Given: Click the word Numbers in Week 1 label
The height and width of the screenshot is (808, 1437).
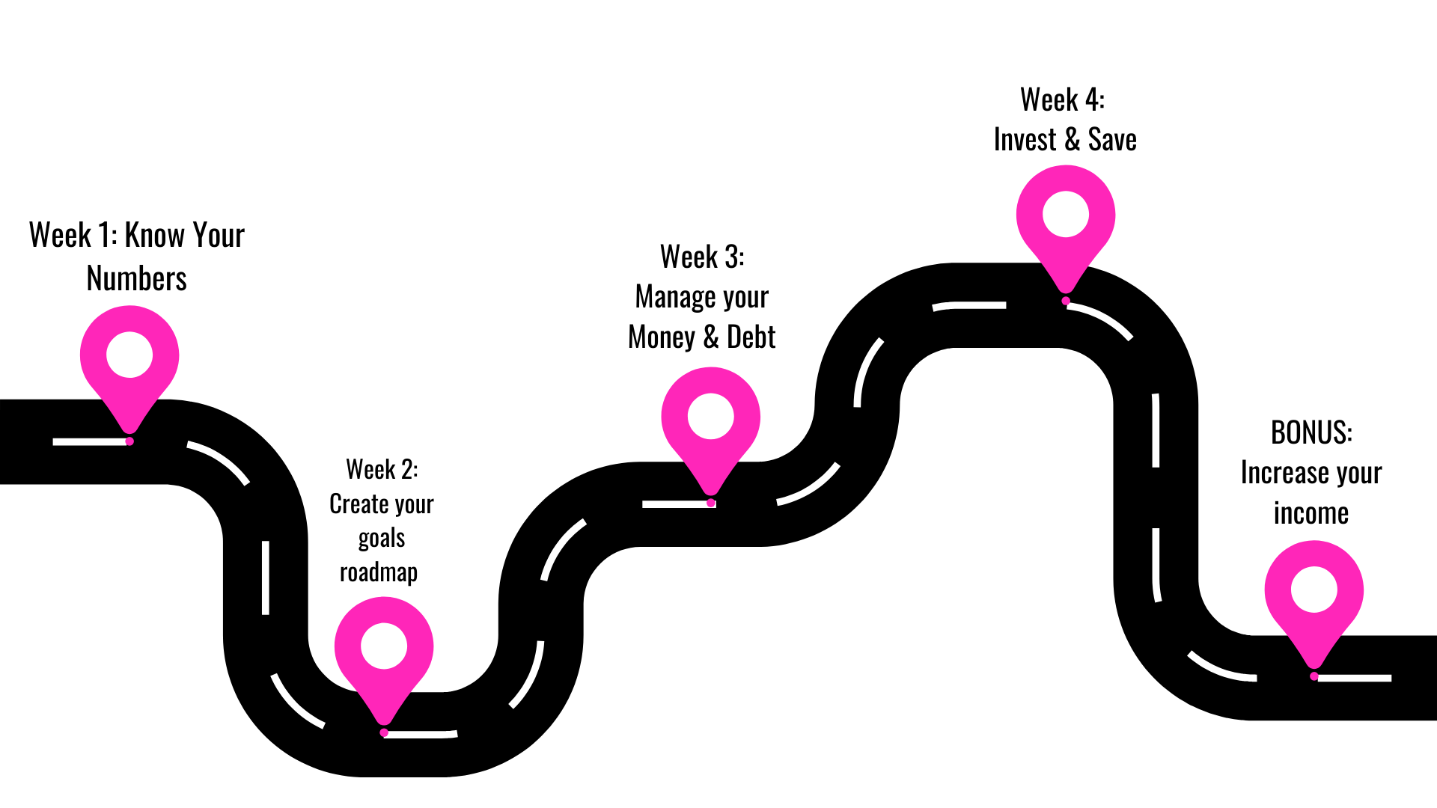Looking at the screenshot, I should tap(136, 278).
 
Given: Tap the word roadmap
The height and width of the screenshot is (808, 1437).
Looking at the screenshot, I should tap(379, 572).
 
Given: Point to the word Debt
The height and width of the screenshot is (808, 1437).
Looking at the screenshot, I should tap(751, 337).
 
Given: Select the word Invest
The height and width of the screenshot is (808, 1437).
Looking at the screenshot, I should tap(1025, 140).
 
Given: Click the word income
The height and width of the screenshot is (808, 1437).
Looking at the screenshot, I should tap(1311, 513).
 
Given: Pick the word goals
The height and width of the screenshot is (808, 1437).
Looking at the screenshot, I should tap(382, 539).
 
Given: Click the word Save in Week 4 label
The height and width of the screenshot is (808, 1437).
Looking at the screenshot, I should tap(1112, 140).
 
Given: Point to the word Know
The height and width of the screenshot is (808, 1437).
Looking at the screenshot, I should tap(154, 235).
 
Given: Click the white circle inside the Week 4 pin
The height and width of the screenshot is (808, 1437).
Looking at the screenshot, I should tap(1066, 214).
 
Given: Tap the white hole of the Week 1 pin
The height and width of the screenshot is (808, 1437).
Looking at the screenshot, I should tap(129, 355).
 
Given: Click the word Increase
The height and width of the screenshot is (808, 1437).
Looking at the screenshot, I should tap(1283, 473).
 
